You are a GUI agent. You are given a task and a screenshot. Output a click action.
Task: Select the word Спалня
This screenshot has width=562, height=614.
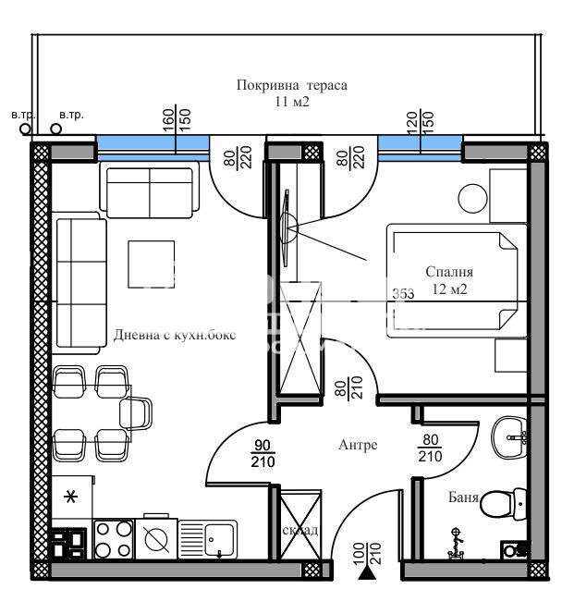tap(449, 272)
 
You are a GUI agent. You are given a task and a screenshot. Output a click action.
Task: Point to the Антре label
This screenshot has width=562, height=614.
tap(358, 445)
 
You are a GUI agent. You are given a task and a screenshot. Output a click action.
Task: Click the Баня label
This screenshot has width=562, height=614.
tap(465, 497)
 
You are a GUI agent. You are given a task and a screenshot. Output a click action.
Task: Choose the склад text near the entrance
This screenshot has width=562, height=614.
tap(301, 530)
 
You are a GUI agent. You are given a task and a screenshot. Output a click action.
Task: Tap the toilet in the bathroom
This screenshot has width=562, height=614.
tap(497, 505)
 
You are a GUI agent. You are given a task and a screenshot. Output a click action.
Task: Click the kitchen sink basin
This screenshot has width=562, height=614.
tap(219, 537)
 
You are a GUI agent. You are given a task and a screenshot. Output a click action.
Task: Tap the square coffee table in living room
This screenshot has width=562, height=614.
tap(150, 264)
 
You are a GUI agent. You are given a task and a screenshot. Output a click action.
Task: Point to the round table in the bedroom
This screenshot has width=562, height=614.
tap(476, 197)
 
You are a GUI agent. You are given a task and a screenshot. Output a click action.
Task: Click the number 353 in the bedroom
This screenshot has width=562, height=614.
tap(403, 294)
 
